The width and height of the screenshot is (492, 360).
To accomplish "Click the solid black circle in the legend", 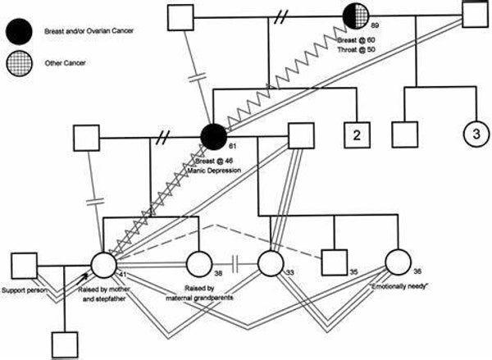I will (x=16, y=31).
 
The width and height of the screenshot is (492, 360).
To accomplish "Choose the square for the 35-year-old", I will (x=331, y=264).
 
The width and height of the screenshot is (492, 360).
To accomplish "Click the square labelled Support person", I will (x=24, y=266).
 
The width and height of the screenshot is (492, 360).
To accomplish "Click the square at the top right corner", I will (x=475, y=16).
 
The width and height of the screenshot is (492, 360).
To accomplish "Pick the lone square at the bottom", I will (x=65, y=343).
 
